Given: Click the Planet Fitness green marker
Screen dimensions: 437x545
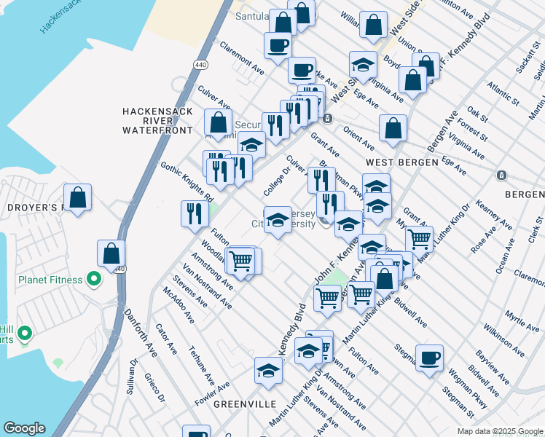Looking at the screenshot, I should coord(93,279).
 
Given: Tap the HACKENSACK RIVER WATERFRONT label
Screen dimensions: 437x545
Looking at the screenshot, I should coord(158,120).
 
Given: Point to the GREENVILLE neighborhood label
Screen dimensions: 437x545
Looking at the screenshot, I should coord(244,403).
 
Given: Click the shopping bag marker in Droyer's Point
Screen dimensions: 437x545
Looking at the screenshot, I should coord(77,197).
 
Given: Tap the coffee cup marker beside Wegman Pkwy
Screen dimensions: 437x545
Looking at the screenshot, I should coord(430,358).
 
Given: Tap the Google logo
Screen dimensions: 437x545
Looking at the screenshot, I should coord(24,428).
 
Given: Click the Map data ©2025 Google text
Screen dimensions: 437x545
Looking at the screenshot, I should coord(499,431).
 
